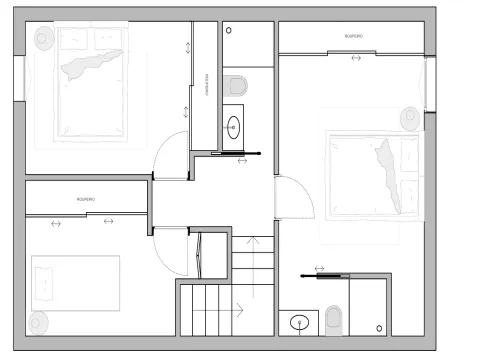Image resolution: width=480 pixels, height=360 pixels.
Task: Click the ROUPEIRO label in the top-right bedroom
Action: [353, 36]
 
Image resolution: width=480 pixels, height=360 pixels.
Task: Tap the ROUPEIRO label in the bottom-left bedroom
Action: [85, 200]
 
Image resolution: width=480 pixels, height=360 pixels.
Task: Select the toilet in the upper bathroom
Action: [236, 82]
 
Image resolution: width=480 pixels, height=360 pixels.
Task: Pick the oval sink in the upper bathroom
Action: [234, 127]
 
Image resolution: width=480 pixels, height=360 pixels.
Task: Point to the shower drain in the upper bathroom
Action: [230, 31]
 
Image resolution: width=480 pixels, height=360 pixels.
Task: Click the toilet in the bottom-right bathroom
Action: [334, 320]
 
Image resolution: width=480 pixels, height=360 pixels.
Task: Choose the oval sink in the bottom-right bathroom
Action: [299, 322]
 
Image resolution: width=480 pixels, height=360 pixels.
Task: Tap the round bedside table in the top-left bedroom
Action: [44, 38]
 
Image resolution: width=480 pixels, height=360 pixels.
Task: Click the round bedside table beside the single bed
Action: [38, 322]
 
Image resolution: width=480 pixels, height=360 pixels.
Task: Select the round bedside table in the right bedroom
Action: [410, 118]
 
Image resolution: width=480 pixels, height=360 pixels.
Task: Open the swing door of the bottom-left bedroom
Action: [172, 250]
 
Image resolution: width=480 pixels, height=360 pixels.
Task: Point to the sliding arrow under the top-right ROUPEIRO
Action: [357, 58]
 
